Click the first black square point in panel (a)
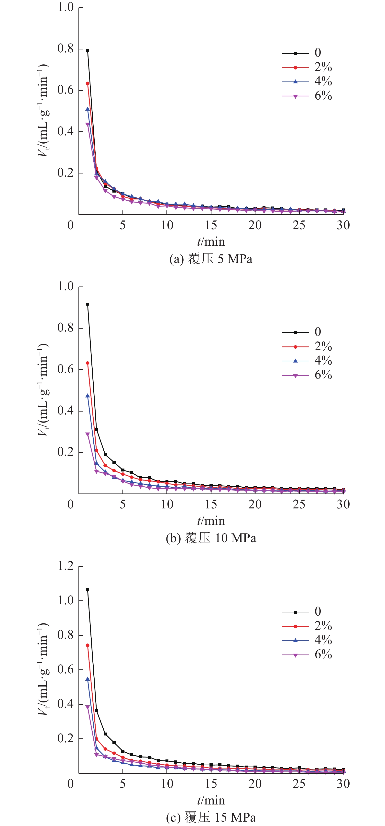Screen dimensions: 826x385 (88, 50)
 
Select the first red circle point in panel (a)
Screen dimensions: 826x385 (88, 83)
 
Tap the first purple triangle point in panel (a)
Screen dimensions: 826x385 (88, 124)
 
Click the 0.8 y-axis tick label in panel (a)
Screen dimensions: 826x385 (66, 48)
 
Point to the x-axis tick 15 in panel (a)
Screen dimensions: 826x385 (211, 225)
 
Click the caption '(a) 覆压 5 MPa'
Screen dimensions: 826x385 (211, 259)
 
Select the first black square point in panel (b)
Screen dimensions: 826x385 (88, 304)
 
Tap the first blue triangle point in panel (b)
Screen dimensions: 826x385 (88, 396)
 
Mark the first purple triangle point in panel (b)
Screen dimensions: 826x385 (88, 435)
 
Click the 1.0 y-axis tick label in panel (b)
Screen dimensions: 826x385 (66, 286)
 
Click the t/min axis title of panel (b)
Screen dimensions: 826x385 (211, 521)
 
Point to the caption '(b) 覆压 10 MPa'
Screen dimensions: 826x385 (211, 538)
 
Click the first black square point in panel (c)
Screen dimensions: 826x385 (88, 590)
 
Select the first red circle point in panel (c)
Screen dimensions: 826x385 (88, 645)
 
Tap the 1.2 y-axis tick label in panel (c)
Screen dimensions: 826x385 (66, 566)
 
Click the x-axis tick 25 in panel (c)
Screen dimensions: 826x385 (299, 784)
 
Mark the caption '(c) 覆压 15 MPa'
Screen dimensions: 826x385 (211, 817)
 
